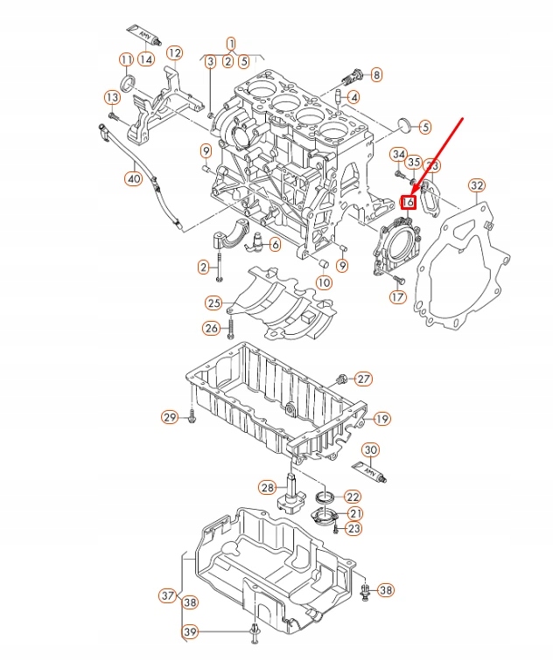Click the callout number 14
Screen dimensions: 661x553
pyautogui.click(x=145, y=59)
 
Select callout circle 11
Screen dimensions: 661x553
pyautogui.click(x=126, y=59)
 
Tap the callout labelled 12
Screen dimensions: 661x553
pyautogui.click(x=174, y=52)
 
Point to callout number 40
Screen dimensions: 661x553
pyautogui.click(x=133, y=179)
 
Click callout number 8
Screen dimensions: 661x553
pyautogui.click(x=376, y=75)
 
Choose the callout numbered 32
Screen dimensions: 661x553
pyautogui.click(x=476, y=185)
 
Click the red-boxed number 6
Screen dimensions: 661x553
pyautogui.click(x=408, y=203)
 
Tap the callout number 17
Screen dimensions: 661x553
pyautogui.click(x=398, y=297)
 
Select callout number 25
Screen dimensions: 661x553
pyautogui.click(x=213, y=303)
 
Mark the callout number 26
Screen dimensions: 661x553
pyautogui.click(x=211, y=328)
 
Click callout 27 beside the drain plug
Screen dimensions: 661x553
pyautogui.click(x=363, y=379)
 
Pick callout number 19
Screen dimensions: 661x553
pyautogui.click(x=381, y=419)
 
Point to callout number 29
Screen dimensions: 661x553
pyautogui.click(x=170, y=418)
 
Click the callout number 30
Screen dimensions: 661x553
pyautogui.click(x=371, y=450)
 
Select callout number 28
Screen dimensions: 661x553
pyautogui.click(x=267, y=487)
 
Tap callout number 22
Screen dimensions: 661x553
pyautogui.click(x=352, y=496)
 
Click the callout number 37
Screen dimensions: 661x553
pyautogui.click(x=168, y=596)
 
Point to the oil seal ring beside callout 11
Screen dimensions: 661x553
pyautogui.click(x=129, y=83)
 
